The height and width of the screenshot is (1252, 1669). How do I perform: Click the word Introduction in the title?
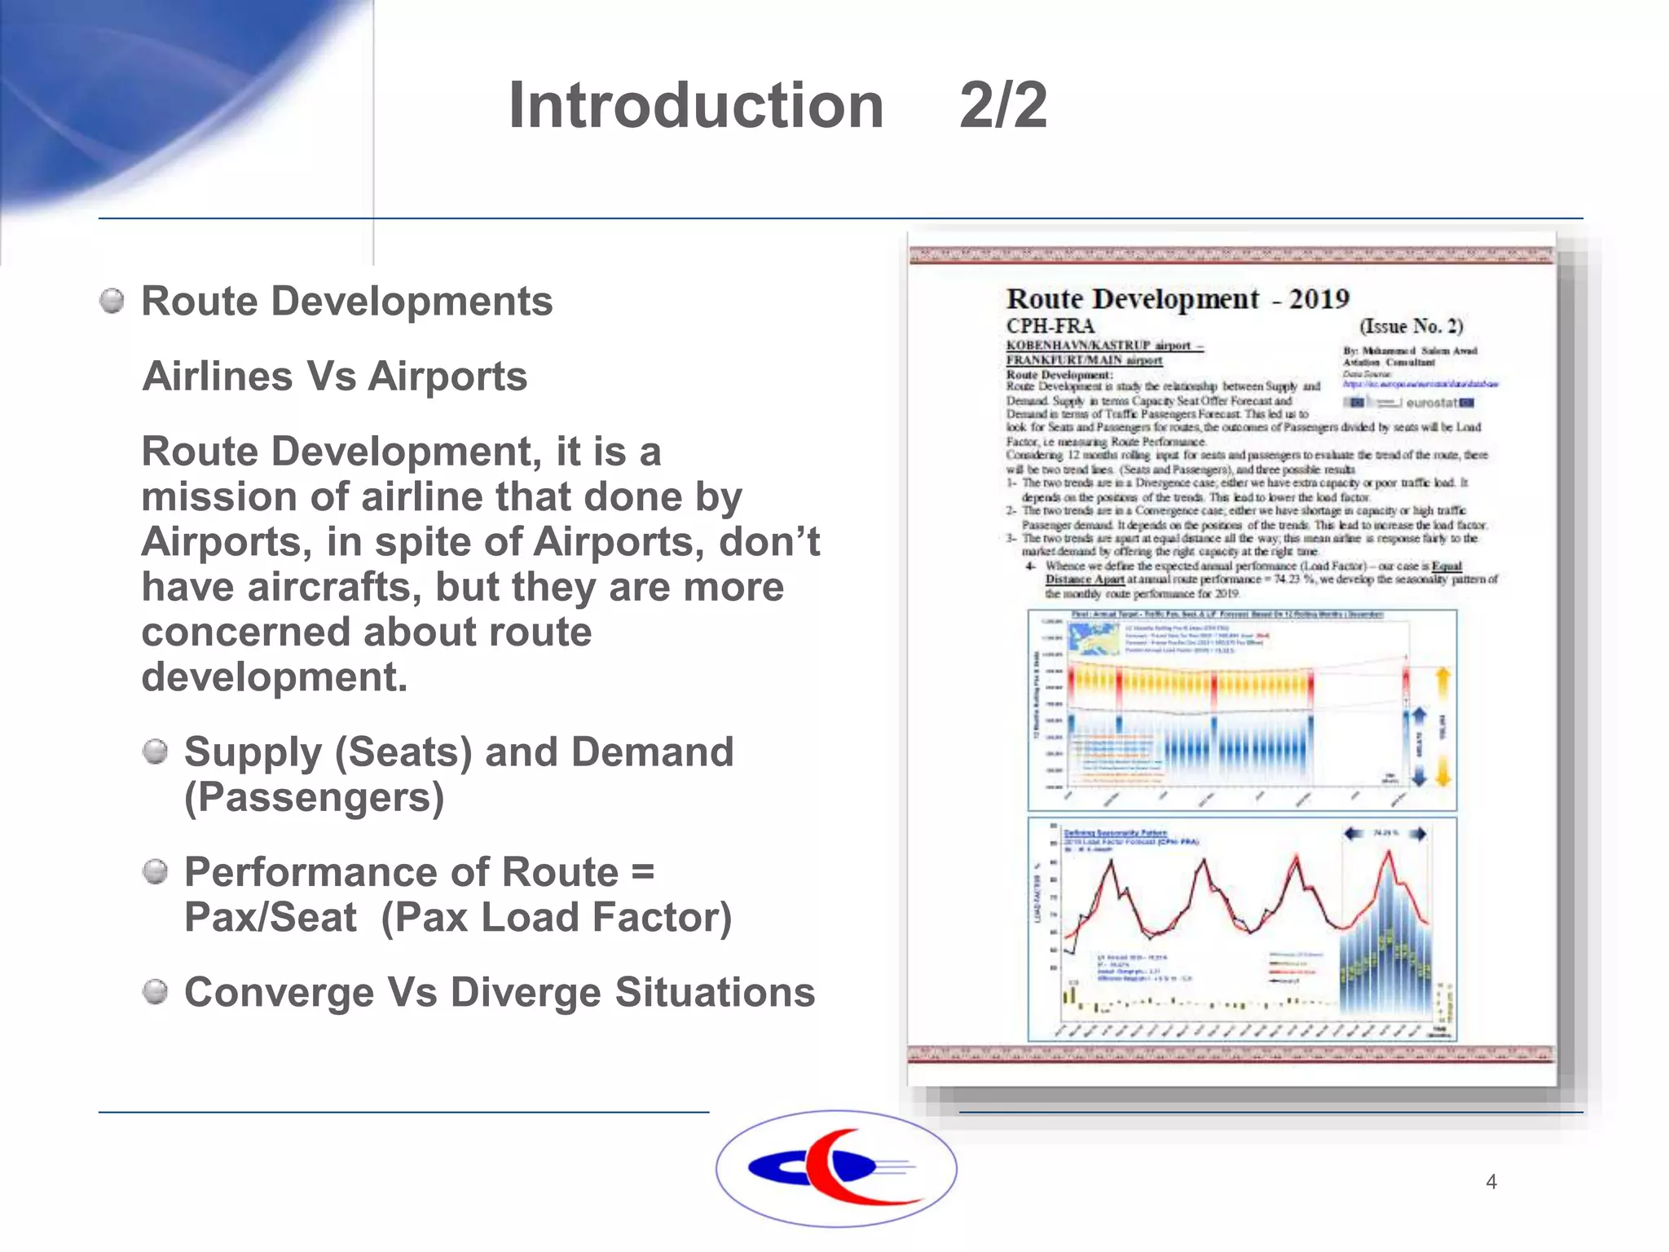tap(696, 106)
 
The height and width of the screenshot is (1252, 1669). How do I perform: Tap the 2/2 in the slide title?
tap(1003, 106)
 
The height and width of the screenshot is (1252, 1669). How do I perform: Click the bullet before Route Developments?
tap(112, 301)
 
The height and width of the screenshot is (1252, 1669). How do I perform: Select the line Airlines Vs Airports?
tap(335, 377)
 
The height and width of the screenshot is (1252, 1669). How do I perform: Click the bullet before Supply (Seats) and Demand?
tap(155, 752)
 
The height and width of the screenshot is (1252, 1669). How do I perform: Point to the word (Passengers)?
tap(315, 797)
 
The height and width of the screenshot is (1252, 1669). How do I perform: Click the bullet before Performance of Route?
tap(155, 872)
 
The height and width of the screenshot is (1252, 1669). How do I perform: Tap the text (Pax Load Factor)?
tap(557, 917)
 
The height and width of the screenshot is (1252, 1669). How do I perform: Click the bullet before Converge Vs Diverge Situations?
tap(155, 992)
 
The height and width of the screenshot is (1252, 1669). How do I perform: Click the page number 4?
tap(1491, 1182)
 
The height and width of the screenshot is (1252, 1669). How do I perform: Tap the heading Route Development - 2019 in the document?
tap(1178, 299)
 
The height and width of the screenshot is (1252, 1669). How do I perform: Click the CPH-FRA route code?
tap(1050, 326)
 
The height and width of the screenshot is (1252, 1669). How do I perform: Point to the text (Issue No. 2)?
tap(1411, 326)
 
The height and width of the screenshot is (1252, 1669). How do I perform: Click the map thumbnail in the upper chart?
tap(1094, 639)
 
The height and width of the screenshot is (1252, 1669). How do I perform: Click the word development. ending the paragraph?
tap(275, 677)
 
